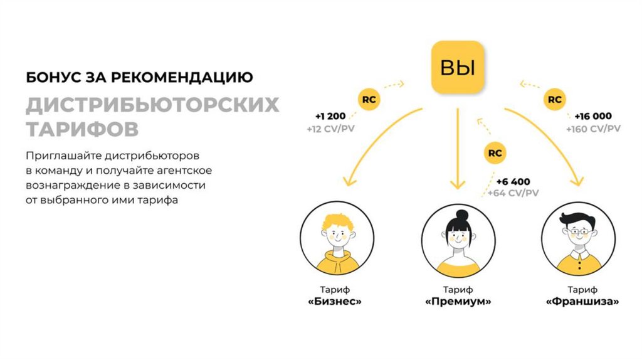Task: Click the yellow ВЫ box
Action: (x=458, y=66)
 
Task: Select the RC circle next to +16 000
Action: (x=554, y=99)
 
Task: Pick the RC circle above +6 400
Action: (x=495, y=152)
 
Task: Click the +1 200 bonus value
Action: (x=330, y=117)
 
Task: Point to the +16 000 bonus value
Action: (x=592, y=116)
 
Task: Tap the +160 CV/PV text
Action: (x=592, y=129)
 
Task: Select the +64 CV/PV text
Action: (x=512, y=193)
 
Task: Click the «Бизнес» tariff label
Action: (x=335, y=302)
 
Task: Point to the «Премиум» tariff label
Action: (x=458, y=302)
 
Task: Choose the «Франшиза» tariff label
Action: (x=582, y=302)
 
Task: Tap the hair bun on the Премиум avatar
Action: (x=462, y=215)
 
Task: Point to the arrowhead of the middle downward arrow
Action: (x=458, y=185)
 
